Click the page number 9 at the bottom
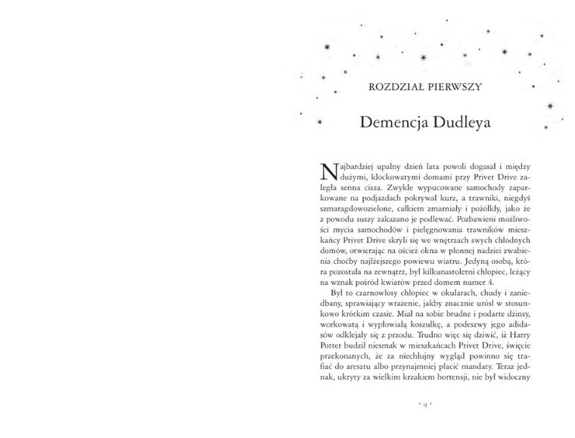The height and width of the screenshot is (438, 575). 422,406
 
